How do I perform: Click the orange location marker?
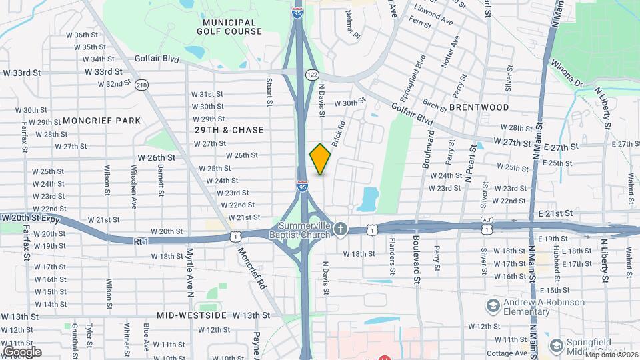[320, 159]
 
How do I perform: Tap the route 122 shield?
[311, 74]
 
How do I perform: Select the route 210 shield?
[141, 85]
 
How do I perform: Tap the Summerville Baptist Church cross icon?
[341, 229]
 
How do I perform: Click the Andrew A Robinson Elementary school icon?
[493, 306]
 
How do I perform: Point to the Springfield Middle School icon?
[557, 346]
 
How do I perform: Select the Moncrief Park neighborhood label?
[102, 121]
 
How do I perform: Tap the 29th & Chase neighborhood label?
[229, 130]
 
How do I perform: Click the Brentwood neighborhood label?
[479, 107]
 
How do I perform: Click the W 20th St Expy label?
[30, 218]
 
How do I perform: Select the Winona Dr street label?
[567, 74]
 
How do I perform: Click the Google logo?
[22, 352]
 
